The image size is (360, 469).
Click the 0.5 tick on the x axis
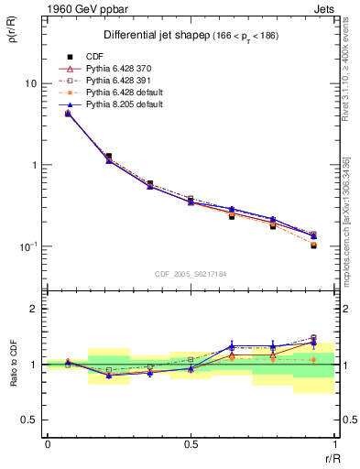click(x=191, y=444)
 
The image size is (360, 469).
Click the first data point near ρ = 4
click(x=68, y=114)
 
